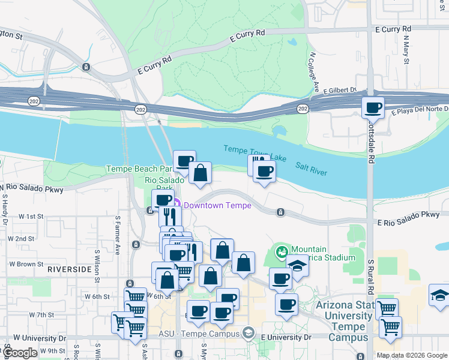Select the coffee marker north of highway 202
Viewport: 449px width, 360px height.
click(373, 108)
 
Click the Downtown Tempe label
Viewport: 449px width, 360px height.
click(217, 205)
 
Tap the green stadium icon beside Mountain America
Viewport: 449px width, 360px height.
click(280, 253)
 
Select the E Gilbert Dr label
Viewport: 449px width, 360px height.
click(340, 91)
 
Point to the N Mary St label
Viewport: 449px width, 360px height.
click(406, 50)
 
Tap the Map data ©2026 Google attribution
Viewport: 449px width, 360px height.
click(412, 355)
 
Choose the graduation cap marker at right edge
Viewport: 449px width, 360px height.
click(439, 295)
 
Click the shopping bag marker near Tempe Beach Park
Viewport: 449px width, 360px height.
click(200, 173)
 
